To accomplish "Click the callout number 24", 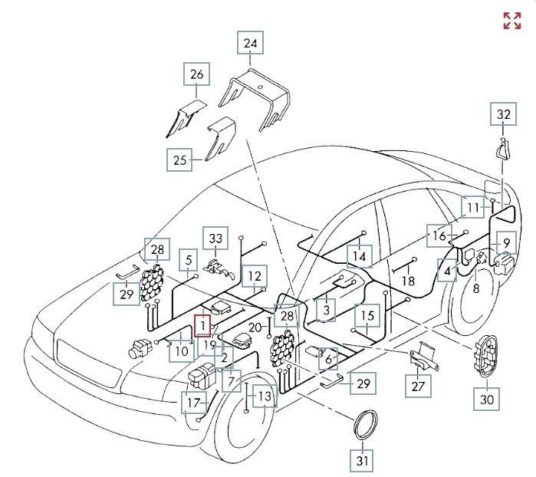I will pyautogui.click(x=250, y=43).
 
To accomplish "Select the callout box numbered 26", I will pyautogui.click(x=196, y=75).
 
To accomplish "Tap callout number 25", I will pyautogui.click(x=180, y=160).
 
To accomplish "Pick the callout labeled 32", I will pyautogui.click(x=503, y=115).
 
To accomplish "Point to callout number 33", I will pyautogui.click(x=215, y=238).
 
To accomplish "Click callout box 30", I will pyautogui.click(x=487, y=399).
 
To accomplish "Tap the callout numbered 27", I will pyautogui.click(x=417, y=387).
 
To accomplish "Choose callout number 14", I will pyautogui.click(x=358, y=255).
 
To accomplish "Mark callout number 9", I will pyautogui.click(x=506, y=244).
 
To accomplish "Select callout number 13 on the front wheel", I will pyautogui.click(x=263, y=396).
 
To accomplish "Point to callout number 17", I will pyautogui.click(x=194, y=401).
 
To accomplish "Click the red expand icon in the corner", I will pyautogui.click(x=511, y=21).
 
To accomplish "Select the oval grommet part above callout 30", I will pyautogui.click(x=486, y=356).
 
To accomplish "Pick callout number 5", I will pyautogui.click(x=188, y=260).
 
